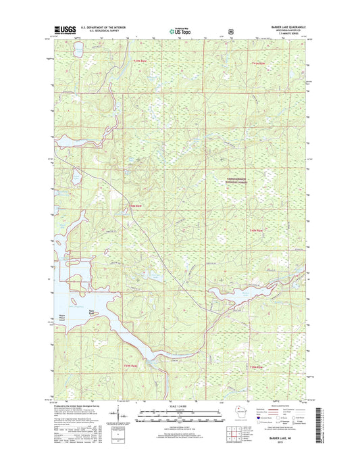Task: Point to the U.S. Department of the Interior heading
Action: (x=103, y=28)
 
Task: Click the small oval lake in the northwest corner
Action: (x=79, y=49)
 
